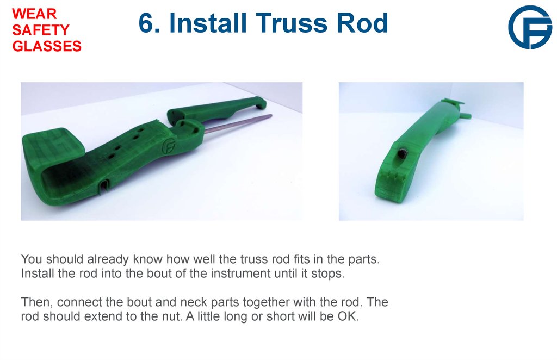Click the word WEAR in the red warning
[34, 13]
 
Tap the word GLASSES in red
[47, 47]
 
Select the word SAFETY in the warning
[40, 30]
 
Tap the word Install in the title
[209, 23]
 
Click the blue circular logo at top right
[529, 27]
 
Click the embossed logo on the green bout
[169, 146]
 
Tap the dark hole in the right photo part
[402, 154]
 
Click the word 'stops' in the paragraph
[330, 273]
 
